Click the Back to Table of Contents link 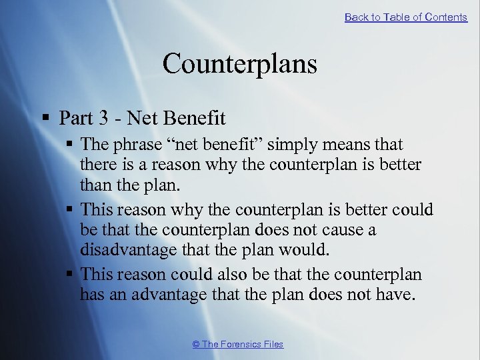click(x=405, y=17)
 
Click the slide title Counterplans click(x=239, y=64)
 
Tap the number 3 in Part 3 click(x=106, y=119)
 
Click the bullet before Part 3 click(x=45, y=119)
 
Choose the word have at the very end click(x=397, y=294)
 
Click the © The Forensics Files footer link click(x=237, y=344)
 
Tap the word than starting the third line click(x=94, y=184)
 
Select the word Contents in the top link click(x=446, y=17)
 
